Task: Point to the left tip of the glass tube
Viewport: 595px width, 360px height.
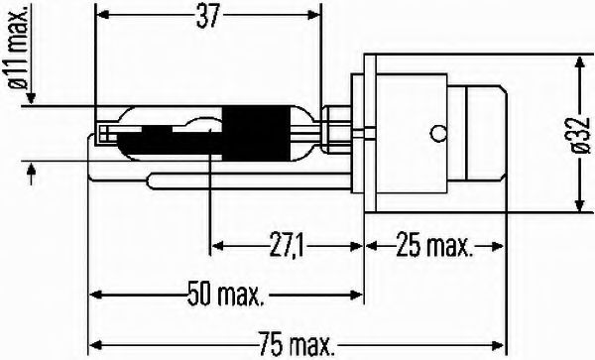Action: point(97,132)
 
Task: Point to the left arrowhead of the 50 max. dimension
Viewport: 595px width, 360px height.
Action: point(96,294)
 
